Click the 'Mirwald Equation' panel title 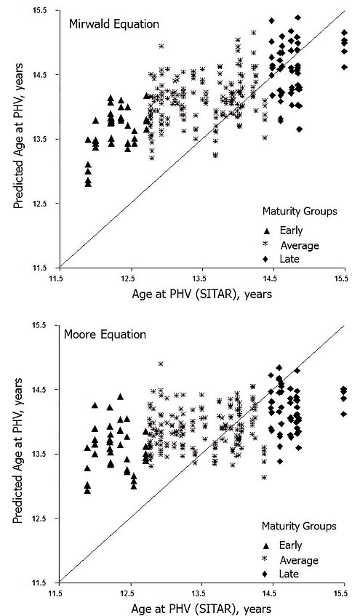[114, 24]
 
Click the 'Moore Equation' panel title [105, 335]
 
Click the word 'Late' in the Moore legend [289, 574]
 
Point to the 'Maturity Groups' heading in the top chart [300, 211]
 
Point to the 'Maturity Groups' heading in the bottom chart [299, 526]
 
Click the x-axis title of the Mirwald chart [201, 294]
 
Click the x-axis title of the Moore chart [201, 609]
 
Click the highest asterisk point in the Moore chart [161, 364]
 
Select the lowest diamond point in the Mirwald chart [300, 129]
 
